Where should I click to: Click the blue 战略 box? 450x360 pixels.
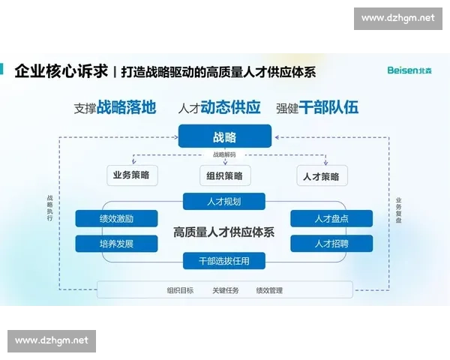(x=224, y=136)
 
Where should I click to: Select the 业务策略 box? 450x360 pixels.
(x=131, y=175)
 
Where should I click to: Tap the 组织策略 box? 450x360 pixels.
(x=224, y=176)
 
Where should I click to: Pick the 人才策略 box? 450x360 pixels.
(x=321, y=176)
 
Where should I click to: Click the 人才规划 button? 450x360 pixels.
(x=224, y=201)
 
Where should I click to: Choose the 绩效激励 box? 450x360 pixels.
(x=117, y=218)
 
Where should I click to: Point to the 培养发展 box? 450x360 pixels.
(x=117, y=243)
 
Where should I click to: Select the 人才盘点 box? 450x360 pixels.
(x=331, y=218)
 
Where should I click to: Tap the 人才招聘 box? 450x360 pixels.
(x=331, y=243)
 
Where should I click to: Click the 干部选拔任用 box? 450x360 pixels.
(x=224, y=261)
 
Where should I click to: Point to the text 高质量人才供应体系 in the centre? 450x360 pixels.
(x=224, y=232)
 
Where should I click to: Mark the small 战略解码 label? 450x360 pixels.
(x=224, y=154)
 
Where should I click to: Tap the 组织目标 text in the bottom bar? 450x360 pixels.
(x=180, y=290)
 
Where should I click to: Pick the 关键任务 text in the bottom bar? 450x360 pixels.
(x=225, y=290)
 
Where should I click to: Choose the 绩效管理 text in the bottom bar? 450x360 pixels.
(x=269, y=290)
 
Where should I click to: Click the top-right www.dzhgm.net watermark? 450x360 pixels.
(x=397, y=17)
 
